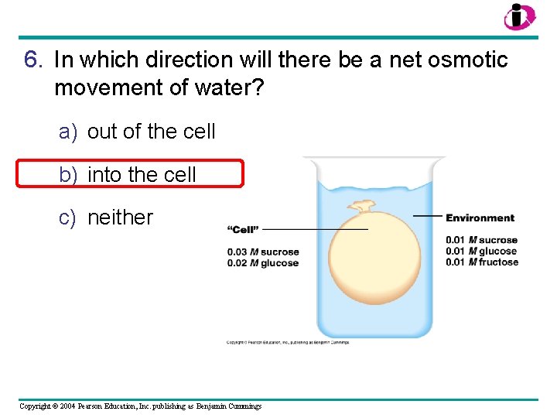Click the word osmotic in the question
pos(465,60)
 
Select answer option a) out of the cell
pos(138,132)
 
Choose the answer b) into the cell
pos(128,175)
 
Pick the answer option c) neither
pos(107,218)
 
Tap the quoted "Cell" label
pos(243,229)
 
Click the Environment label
pos(480,218)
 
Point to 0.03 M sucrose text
pos(263,252)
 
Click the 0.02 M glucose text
pos(263,263)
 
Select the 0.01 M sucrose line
pos(481,240)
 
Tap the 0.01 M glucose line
pos(481,251)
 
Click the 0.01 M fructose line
pos(482,262)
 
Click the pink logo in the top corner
pos(518,16)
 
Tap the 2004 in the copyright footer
pos(63,406)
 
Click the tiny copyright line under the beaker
pos(288,342)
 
